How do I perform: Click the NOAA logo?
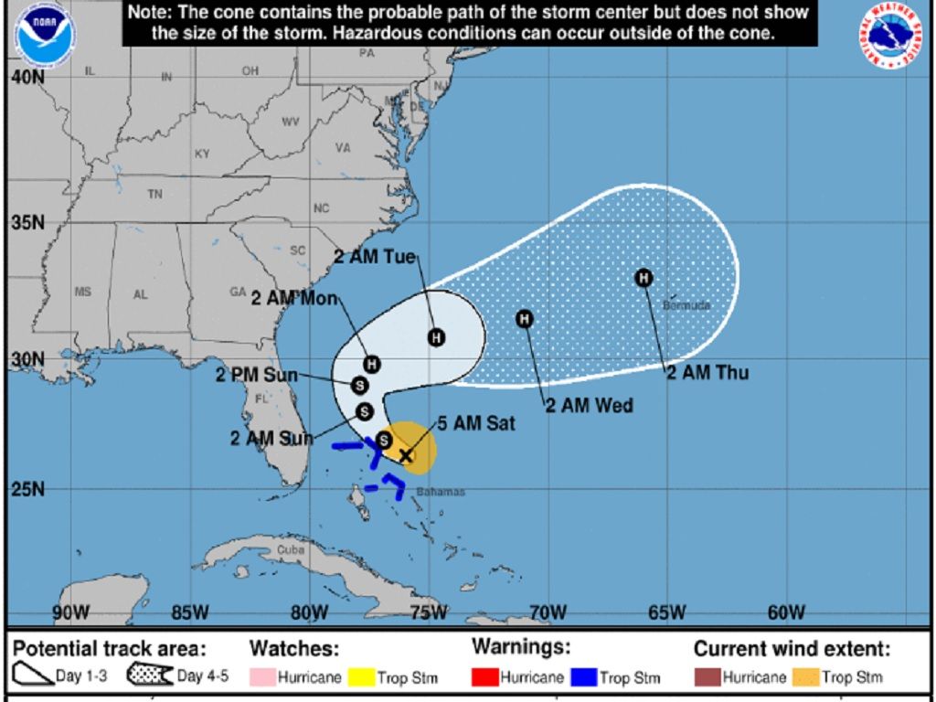coord(46,36)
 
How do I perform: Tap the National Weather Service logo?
coord(889,36)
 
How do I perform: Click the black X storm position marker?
coord(406,455)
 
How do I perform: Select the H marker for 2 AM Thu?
coord(643,278)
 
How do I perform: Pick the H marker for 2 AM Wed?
coord(525,318)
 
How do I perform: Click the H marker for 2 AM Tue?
coord(436,337)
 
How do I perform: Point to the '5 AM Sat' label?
coord(476,423)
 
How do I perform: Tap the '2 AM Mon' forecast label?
coord(294,299)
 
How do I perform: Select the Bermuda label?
coord(686,305)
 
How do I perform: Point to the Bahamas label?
coord(441,492)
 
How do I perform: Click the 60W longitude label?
coord(786,612)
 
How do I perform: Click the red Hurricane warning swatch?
coord(484,677)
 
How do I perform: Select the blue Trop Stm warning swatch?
coord(585,677)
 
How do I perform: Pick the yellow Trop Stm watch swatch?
coord(363,677)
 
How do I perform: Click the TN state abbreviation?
coord(155,194)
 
